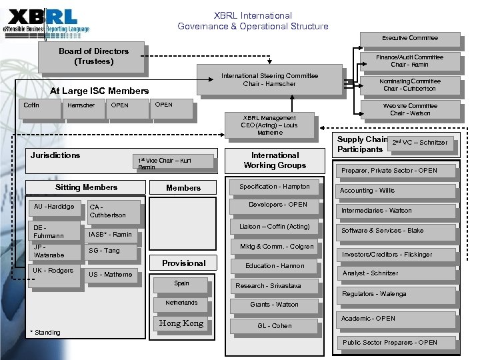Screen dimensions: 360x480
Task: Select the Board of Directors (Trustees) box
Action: coord(93,57)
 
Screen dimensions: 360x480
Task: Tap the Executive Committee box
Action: coord(409,38)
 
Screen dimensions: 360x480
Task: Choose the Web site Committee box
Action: coord(410,109)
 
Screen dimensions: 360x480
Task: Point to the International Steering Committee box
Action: coord(269,79)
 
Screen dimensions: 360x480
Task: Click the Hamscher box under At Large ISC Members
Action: coord(81,105)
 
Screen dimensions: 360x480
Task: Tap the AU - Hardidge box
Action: coord(54,207)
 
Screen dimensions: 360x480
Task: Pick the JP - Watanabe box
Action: coord(54,251)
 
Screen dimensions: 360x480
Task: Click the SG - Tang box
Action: coord(111,251)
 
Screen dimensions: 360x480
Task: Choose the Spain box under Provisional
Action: coord(181,284)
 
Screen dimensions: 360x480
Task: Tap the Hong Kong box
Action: coord(181,323)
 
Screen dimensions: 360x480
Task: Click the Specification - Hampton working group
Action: coord(275,187)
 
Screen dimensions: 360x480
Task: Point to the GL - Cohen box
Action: coord(275,326)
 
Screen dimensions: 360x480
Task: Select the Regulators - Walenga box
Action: coord(393,294)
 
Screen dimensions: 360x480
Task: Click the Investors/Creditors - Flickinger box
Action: coord(396,255)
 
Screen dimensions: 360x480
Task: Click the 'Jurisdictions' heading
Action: coord(55,155)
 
